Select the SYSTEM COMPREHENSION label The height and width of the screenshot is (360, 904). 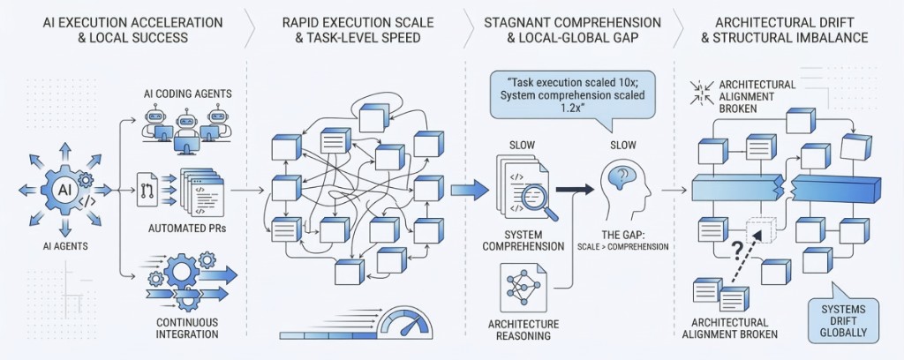(523, 240)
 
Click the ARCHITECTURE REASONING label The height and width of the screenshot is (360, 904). (523, 329)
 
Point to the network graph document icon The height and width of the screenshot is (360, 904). (522, 286)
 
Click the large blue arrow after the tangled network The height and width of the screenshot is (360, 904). (469, 188)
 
